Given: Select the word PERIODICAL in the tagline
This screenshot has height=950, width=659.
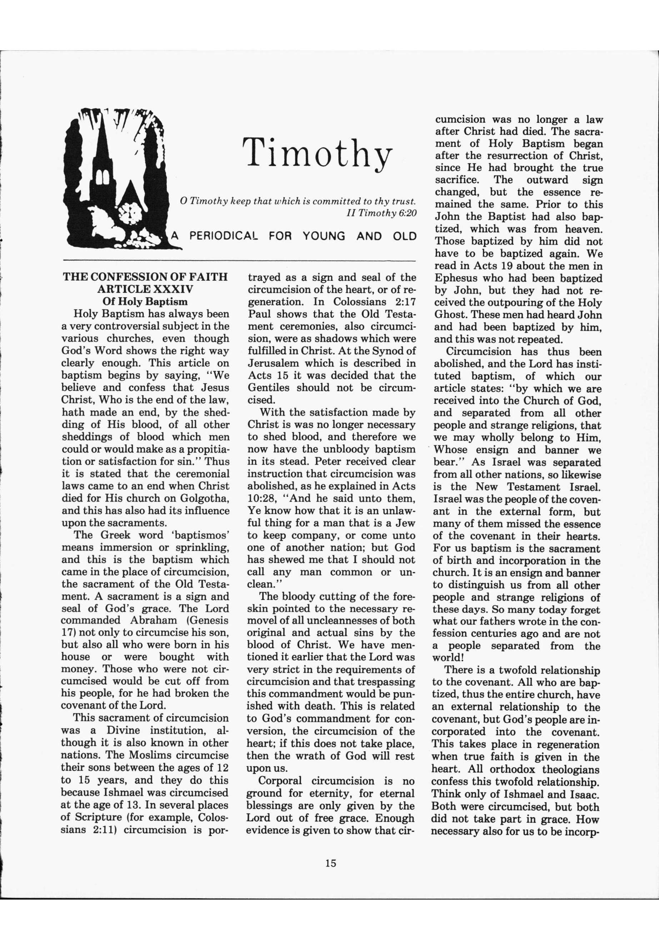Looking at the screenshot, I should coord(223,236).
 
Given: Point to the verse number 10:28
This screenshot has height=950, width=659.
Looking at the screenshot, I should coord(262,498).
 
